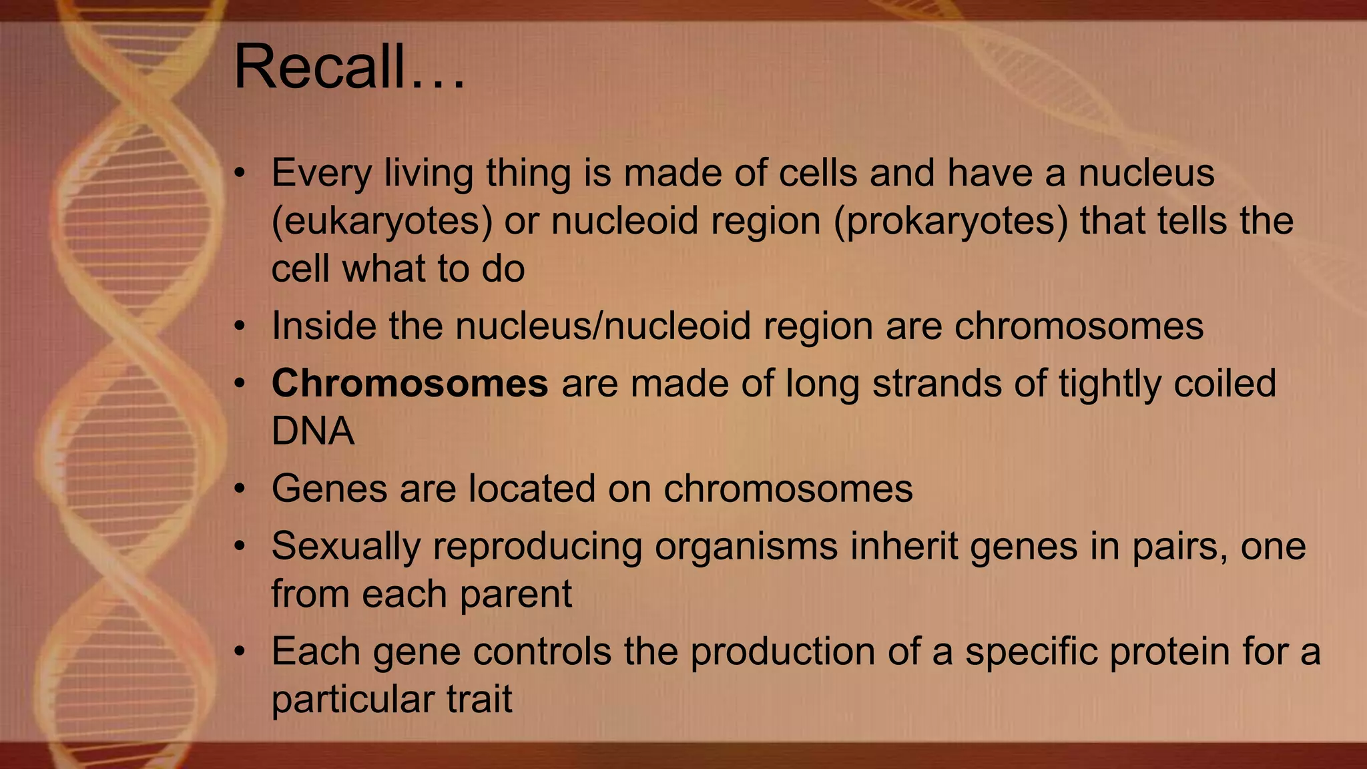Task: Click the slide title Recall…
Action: tap(348, 67)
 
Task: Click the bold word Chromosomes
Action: tap(409, 384)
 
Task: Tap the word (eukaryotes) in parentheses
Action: tap(382, 222)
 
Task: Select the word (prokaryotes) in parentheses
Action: tap(951, 222)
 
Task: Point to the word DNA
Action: tap(312, 431)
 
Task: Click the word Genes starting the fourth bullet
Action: tap(329, 489)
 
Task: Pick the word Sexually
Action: tap(346, 546)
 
